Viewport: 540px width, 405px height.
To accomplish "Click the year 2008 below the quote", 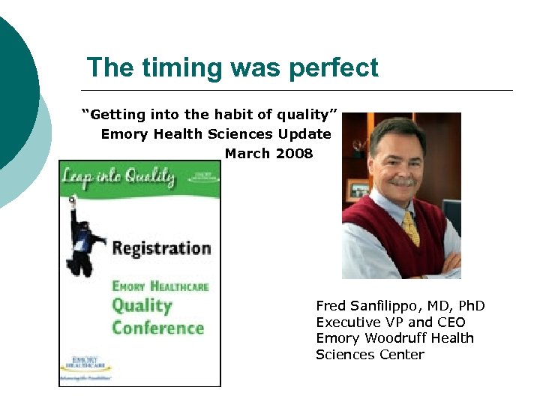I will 295,154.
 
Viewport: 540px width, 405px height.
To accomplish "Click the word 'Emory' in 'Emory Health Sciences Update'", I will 121,134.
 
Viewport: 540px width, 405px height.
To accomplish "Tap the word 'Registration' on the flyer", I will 161,248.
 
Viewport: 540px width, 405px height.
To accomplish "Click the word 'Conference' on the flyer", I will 157,328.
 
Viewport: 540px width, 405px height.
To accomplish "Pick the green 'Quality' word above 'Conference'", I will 142,305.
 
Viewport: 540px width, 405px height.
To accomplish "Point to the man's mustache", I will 403,181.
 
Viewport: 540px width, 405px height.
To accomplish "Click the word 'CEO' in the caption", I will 450,322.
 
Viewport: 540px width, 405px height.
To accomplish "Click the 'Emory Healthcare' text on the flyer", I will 160,286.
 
